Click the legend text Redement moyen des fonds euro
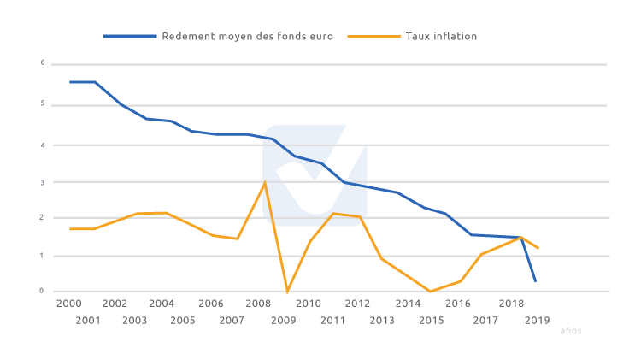click(247, 37)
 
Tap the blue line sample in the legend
click(130, 37)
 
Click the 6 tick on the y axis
click(42, 63)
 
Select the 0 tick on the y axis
click(42, 292)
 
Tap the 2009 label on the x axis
click(283, 321)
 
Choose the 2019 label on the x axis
click(537, 321)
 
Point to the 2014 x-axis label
click(408, 304)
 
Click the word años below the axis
click(571, 331)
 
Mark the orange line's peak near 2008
click(265, 182)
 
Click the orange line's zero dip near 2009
click(287, 292)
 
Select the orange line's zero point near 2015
click(430, 292)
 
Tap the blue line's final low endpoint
click(536, 281)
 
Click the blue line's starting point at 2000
click(70, 82)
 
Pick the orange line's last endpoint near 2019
click(538, 248)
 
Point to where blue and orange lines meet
click(520, 238)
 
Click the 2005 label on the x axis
click(183, 321)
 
